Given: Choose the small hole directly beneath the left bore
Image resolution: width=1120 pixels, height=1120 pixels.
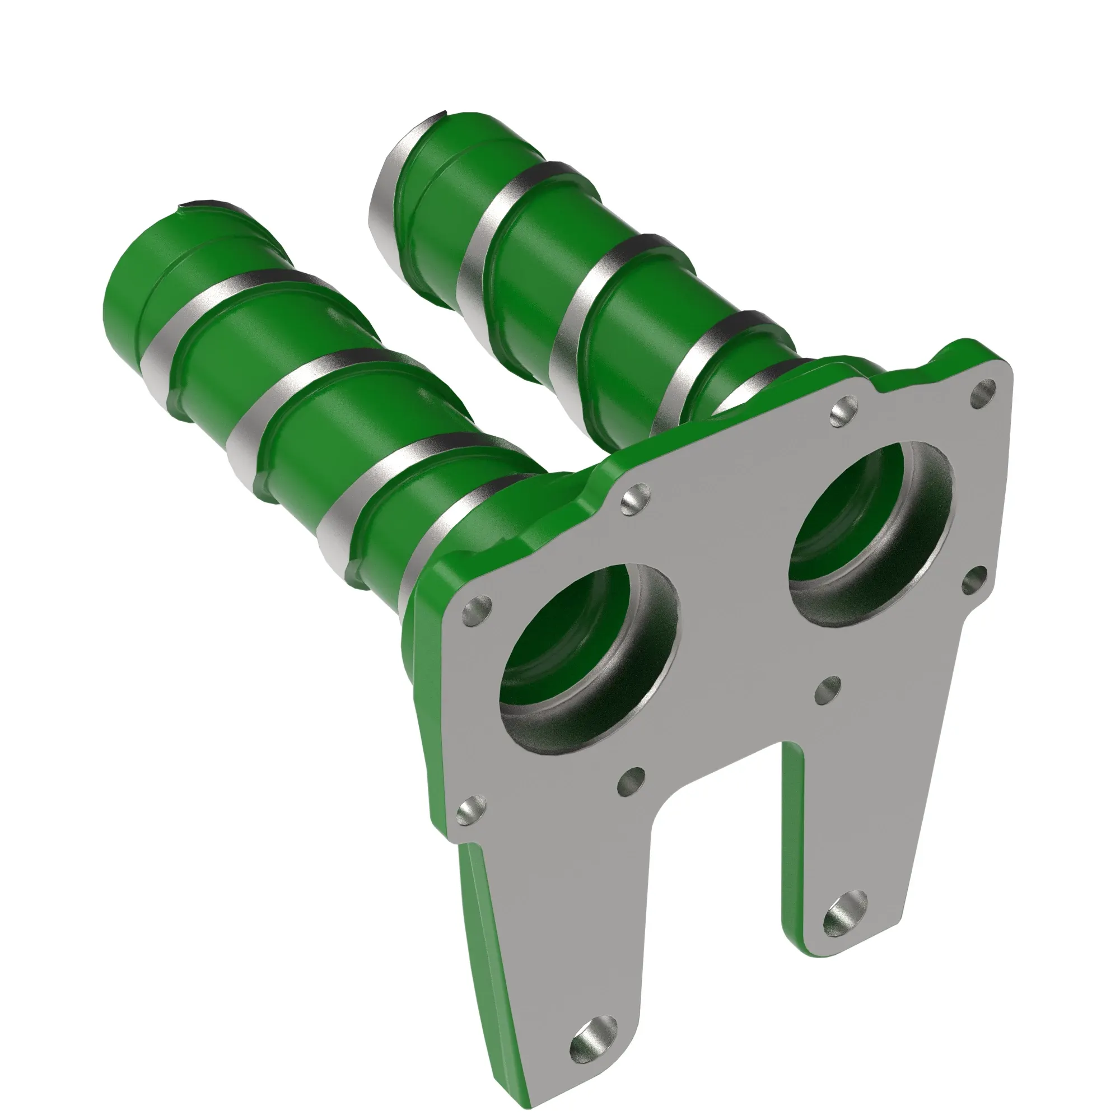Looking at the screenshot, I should pyautogui.click(x=631, y=783).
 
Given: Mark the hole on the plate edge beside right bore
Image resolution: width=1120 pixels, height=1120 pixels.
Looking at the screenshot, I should pyautogui.click(x=974, y=580).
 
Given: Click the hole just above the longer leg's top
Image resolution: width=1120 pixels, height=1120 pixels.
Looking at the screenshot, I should pyautogui.click(x=471, y=810).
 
